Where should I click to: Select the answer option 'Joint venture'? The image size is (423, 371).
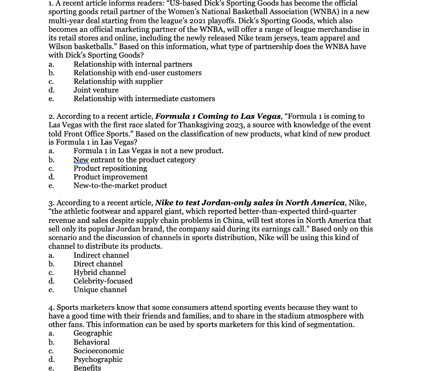pos(96,90)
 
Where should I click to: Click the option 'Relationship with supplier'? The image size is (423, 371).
pos(118,81)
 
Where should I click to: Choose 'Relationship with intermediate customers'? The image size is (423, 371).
pos(144,99)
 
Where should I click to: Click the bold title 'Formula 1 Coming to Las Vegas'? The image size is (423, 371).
pos(218,117)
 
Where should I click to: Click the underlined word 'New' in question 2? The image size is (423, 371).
pos(81,160)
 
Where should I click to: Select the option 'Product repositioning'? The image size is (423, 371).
pos(110,169)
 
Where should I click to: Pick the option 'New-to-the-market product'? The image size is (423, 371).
pos(120,186)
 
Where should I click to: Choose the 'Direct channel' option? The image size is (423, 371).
pos(98,264)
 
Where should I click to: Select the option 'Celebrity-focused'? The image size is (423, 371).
pos(103,281)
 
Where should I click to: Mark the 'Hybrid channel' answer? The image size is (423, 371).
pos(100,273)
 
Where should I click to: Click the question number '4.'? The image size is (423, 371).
pos(51,308)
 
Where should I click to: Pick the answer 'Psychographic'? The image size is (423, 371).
pos(98,359)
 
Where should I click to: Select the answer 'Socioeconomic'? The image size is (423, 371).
pos(99,351)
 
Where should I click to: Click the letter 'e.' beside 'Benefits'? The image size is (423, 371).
pos(51,368)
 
